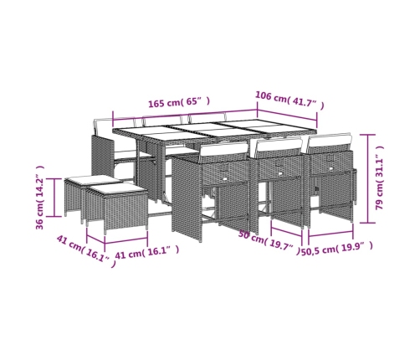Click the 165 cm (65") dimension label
[179, 103]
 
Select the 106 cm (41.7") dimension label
[289, 100]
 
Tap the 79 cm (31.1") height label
[380, 178]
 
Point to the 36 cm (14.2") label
[40, 198]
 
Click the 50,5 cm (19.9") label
[336, 248]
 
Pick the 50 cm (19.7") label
[269, 241]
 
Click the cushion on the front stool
[117, 190]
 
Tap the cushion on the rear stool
[92, 179]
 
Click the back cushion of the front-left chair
[223, 150]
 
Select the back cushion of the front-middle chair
[279, 146]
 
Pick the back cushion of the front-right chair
[330, 141]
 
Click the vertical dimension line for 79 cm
[367, 178]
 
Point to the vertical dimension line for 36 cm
[54, 198]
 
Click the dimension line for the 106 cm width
[287, 115]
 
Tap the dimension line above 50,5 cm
[330, 234]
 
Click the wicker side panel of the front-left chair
[186, 198]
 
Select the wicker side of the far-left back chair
[102, 157]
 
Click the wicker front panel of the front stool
[125, 210]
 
